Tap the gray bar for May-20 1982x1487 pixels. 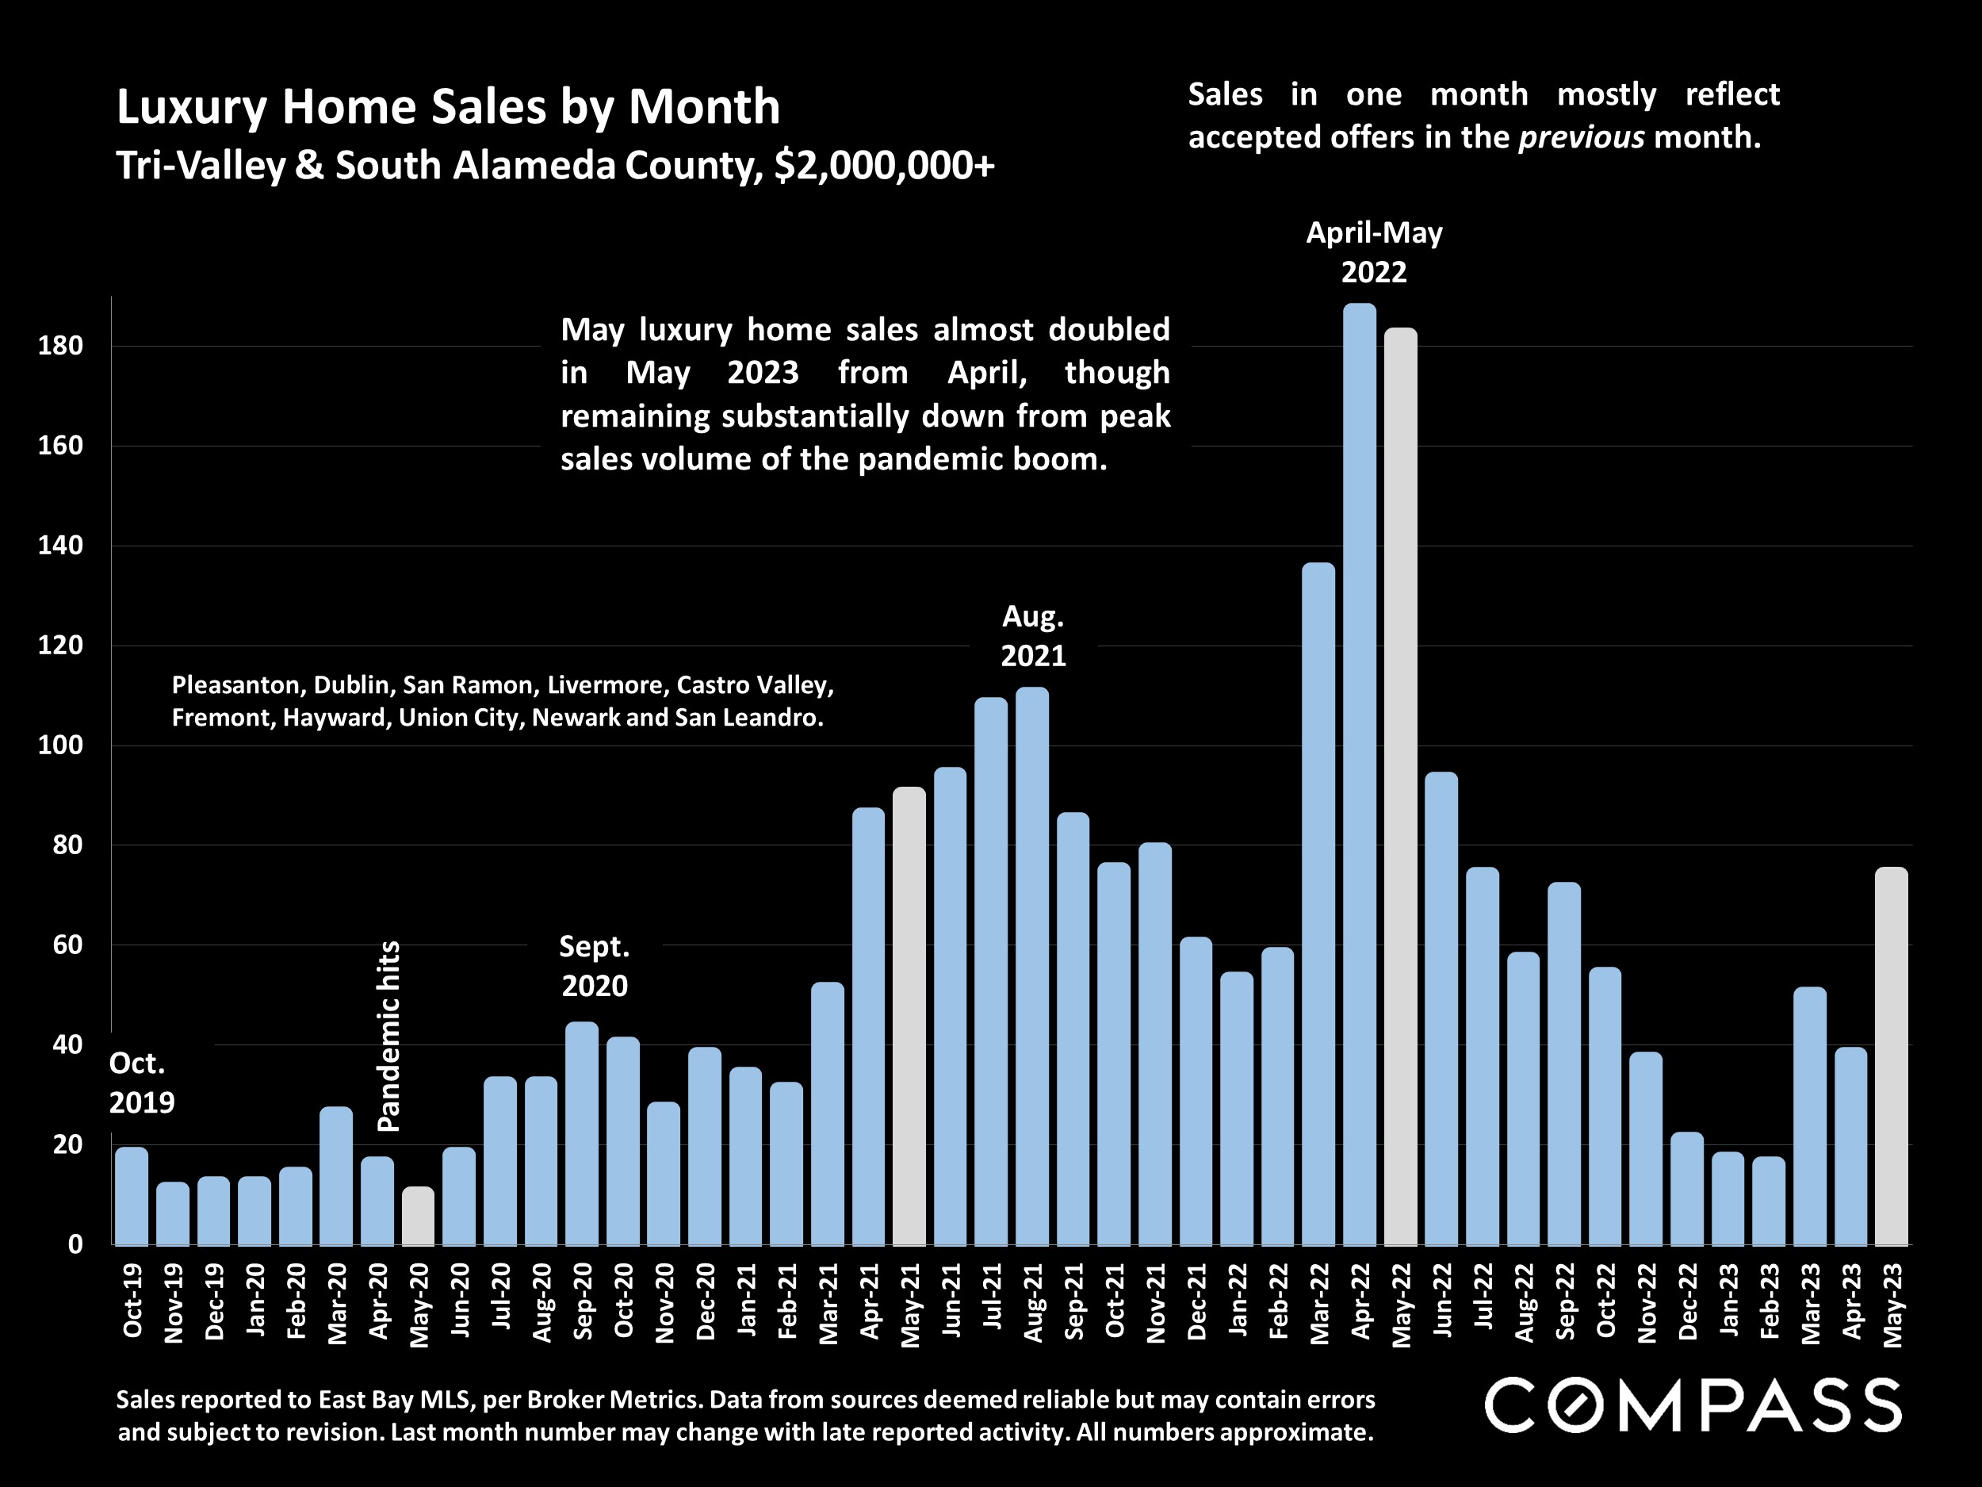418,1217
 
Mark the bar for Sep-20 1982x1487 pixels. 581,1134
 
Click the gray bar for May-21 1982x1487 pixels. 909,1017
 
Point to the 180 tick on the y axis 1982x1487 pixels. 60,346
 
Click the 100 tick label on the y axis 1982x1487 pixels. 60,745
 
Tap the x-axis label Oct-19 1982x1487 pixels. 132,1301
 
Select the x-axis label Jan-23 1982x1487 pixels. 1728,1301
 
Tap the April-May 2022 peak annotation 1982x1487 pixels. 1374,252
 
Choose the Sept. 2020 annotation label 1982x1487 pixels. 594,966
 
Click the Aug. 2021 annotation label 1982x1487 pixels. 1032,636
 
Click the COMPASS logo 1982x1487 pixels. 1693,1405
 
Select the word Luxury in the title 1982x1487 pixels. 192,108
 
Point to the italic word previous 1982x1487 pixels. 1582,137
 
